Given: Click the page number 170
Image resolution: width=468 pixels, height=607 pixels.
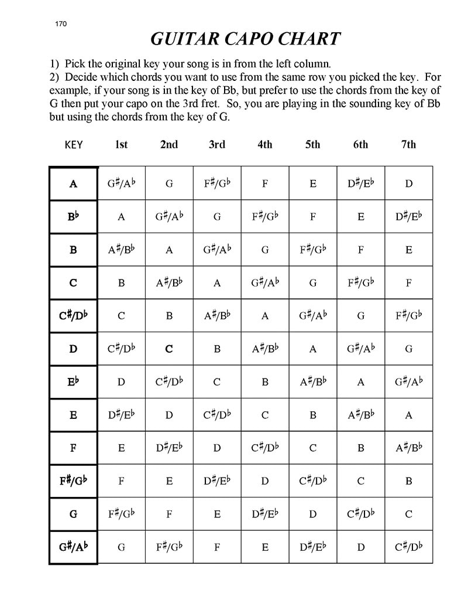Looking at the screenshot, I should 61,24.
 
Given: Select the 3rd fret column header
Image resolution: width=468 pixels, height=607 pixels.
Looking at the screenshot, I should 217,144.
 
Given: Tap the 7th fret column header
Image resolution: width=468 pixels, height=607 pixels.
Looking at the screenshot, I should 408,144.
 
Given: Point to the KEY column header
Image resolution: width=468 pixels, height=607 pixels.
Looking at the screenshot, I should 73,145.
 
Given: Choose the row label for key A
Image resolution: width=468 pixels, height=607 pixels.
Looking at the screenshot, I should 73,183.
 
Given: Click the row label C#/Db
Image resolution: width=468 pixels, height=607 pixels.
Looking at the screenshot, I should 73,316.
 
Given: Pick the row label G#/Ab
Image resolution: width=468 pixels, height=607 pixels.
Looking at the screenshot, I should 73,547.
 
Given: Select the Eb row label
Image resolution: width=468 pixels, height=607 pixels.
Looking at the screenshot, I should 73,382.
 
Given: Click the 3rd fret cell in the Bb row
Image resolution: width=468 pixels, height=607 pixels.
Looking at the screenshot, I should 217,217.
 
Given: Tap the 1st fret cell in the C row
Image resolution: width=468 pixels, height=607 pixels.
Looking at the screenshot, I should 121,283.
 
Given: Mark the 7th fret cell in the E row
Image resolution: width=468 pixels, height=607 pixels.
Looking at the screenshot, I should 408,415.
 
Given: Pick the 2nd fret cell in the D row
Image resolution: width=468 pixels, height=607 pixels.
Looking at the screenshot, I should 169,349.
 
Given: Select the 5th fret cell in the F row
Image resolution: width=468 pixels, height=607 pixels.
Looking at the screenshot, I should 313,448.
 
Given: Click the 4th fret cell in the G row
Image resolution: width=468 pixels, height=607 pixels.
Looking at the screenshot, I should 265,514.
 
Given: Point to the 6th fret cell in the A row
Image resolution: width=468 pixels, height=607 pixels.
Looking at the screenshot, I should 361,183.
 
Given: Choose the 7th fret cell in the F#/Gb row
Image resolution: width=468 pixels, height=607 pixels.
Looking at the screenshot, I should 408,482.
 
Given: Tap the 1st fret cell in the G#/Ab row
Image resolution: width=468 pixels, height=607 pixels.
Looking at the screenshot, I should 121,547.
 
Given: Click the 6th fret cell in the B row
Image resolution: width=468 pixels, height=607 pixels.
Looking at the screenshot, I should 361,250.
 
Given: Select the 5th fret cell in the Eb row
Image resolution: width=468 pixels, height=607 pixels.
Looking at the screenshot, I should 313,382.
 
